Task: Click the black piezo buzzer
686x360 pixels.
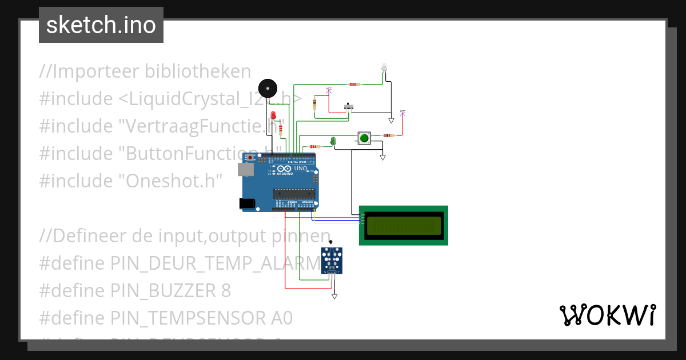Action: click(x=267, y=88)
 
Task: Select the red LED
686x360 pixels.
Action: click(x=273, y=116)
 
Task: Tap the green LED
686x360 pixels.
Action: click(x=333, y=140)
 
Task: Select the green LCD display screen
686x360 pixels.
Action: click(x=404, y=225)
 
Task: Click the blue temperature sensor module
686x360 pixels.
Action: click(x=332, y=260)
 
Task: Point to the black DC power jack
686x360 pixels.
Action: click(x=247, y=203)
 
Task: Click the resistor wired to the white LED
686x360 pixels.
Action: click(x=354, y=85)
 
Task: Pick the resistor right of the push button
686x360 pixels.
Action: click(x=388, y=135)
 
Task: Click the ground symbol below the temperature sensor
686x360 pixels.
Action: click(x=334, y=296)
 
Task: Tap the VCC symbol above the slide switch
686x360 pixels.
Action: click(x=329, y=90)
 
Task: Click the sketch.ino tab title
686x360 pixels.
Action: click(x=101, y=25)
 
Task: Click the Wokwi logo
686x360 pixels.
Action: click(x=607, y=315)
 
